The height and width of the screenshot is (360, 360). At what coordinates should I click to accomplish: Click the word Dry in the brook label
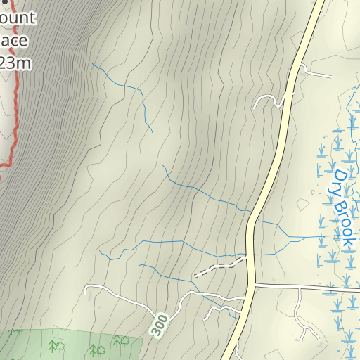[340, 179]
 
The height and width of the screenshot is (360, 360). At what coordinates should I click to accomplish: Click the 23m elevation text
[15, 64]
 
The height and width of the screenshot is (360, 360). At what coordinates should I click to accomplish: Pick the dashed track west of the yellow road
[218, 267]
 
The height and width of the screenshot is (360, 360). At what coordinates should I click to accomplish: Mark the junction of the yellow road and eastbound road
[252, 285]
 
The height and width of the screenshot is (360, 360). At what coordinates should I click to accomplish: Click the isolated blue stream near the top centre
[127, 88]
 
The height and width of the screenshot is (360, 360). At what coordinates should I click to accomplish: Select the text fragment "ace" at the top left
[15, 41]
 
